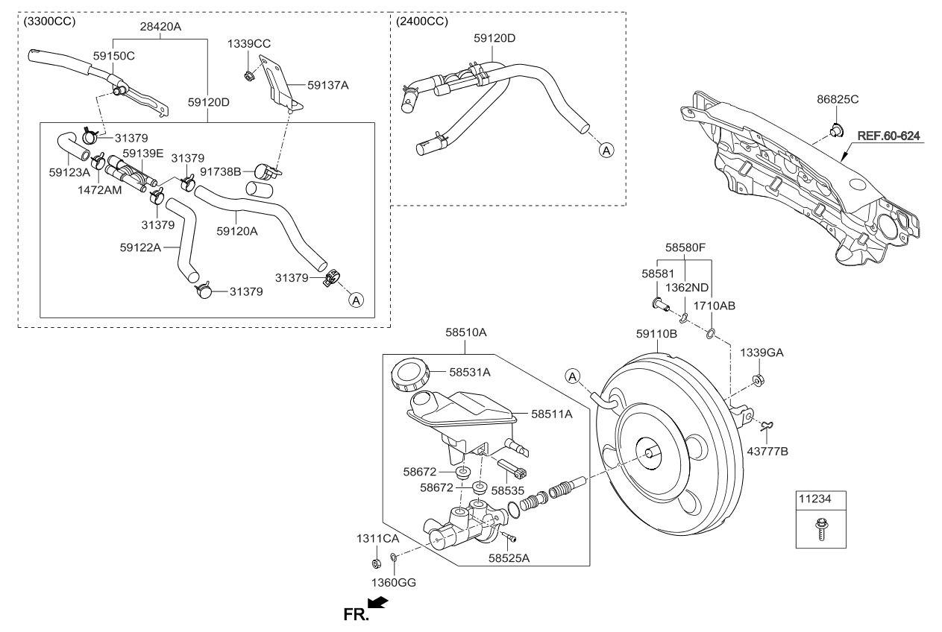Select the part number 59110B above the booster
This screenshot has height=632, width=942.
tap(656, 335)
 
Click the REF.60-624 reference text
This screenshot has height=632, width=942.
tap(888, 136)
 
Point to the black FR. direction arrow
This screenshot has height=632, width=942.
tap(379, 603)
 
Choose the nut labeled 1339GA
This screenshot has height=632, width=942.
tap(757, 381)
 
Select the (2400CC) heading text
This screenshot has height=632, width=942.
tap(423, 21)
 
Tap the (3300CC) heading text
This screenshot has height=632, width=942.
tap(50, 21)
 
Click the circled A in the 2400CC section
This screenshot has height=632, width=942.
tap(606, 151)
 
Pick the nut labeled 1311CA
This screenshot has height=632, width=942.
tap(377, 561)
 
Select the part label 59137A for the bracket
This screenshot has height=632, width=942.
tap(328, 85)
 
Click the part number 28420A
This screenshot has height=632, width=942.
tap(160, 25)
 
